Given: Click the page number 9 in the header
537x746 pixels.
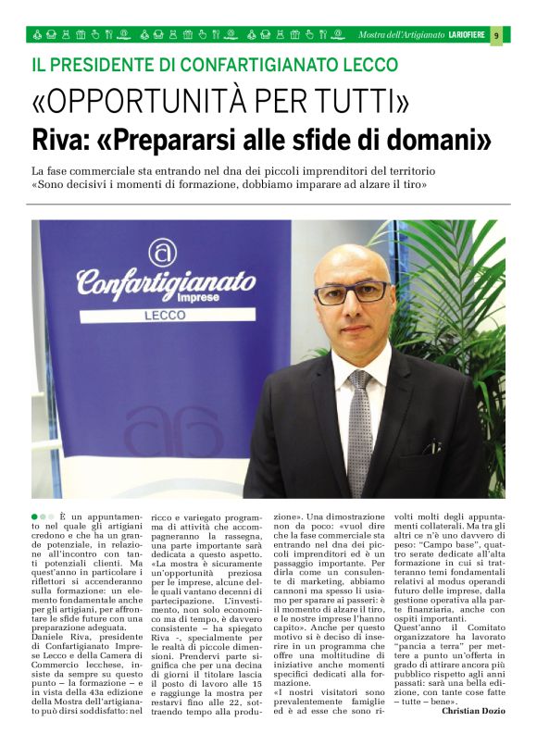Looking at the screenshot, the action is point(496,35).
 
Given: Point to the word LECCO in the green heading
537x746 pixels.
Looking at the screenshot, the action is point(368,65).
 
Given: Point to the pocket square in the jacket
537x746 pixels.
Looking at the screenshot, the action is point(431,447).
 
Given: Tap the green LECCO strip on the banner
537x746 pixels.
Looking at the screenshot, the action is point(167,315).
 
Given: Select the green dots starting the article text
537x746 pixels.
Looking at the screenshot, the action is point(42,516).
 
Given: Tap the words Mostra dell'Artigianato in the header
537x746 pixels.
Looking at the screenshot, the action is point(401,35).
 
